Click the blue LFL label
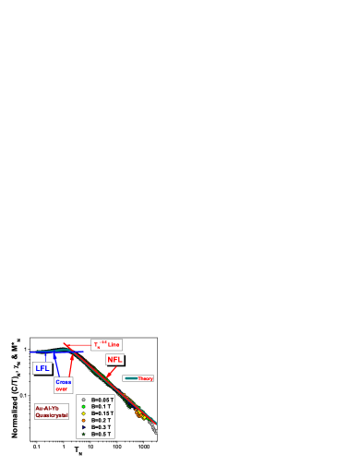tap(42, 367)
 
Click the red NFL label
tap(114, 360)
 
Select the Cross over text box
tap(63, 386)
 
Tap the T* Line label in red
tap(105, 345)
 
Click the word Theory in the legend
tap(145, 378)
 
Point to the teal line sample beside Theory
tap(130, 378)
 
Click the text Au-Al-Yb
tap(50, 408)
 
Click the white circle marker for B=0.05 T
tap(83, 400)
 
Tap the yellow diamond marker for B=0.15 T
tap(83, 413)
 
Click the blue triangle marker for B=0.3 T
tap(83, 427)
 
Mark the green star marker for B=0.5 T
tap(83, 434)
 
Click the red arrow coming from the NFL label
tap(111, 371)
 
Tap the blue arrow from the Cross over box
tap(58, 365)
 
